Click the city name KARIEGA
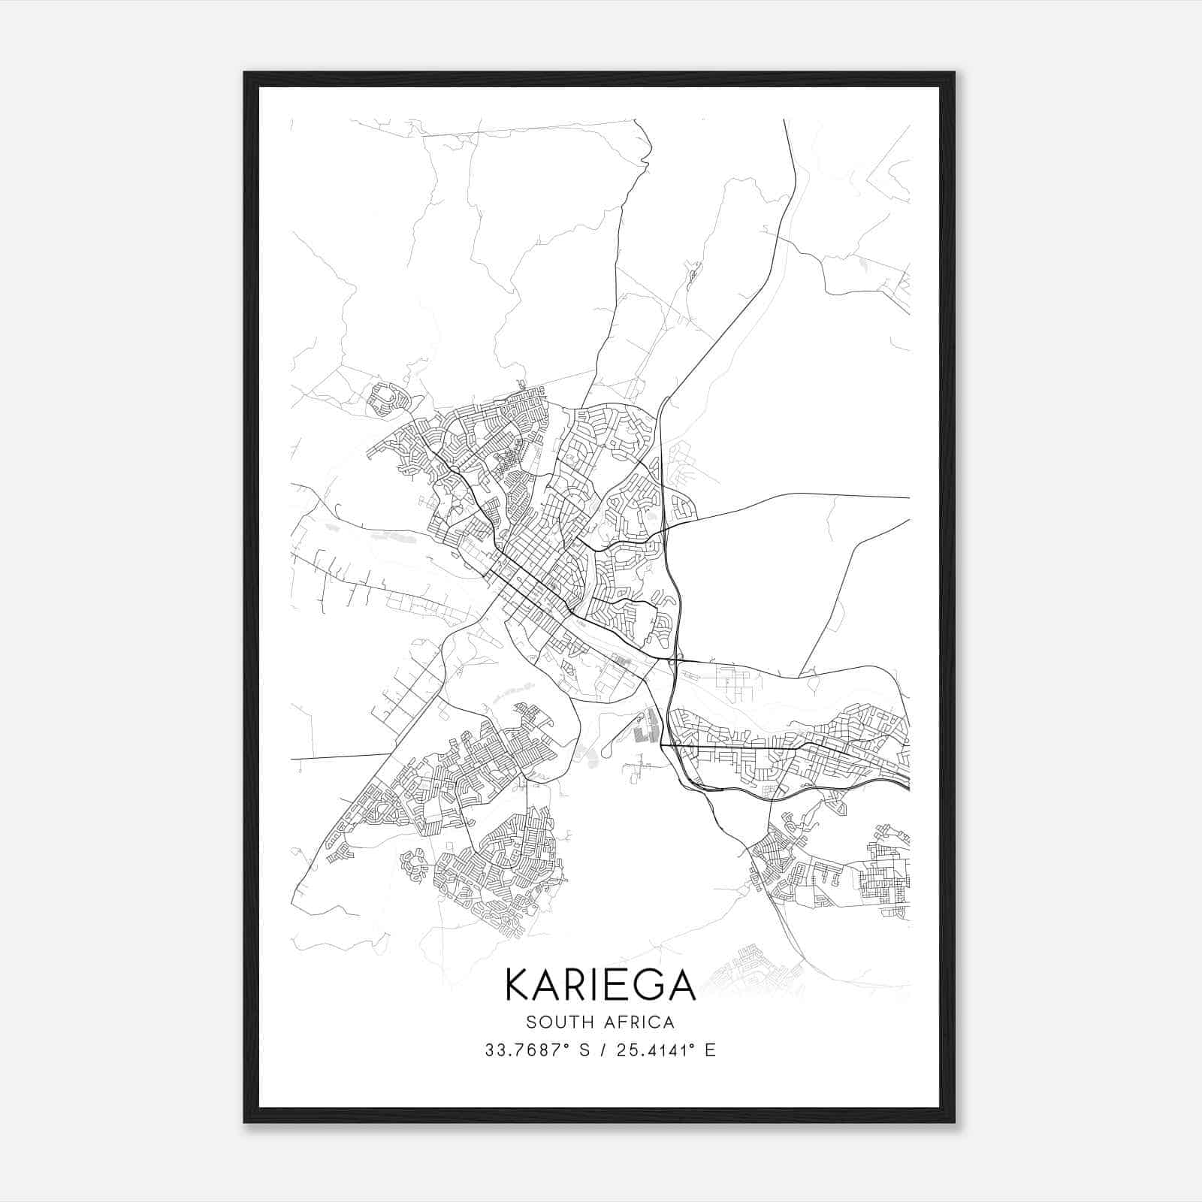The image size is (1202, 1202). [600, 984]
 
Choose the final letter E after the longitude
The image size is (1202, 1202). [710, 1050]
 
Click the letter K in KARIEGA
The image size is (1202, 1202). [519, 984]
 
